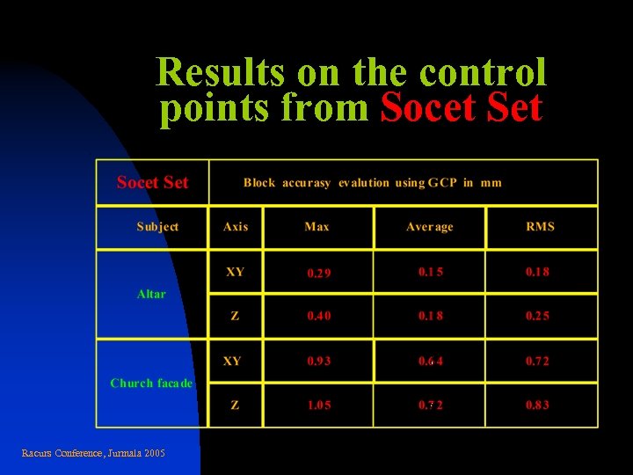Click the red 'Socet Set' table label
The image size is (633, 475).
[x=152, y=183]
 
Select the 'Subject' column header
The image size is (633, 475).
[x=157, y=227]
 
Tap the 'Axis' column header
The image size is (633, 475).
[x=236, y=227]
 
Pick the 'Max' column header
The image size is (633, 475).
[x=316, y=227]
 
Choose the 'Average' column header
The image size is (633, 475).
[x=430, y=227]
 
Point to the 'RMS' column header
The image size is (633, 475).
[x=540, y=227]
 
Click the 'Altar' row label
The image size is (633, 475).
[x=151, y=294]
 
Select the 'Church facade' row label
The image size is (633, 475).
[x=151, y=384]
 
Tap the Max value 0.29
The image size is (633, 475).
[x=319, y=274]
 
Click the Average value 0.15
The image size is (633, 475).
[x=431, y=272]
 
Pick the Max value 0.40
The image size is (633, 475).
[x=319, y=317]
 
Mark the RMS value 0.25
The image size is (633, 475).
[x=537, y=317]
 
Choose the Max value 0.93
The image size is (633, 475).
[x=319, y=362]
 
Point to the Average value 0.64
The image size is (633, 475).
[x=431, y=362]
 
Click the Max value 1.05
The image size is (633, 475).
[x=319, y=406]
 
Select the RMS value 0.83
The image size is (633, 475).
[x=537, y=406]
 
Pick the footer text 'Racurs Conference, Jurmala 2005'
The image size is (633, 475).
[x=93, y=453]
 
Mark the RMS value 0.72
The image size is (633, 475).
[x=537, y=362]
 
